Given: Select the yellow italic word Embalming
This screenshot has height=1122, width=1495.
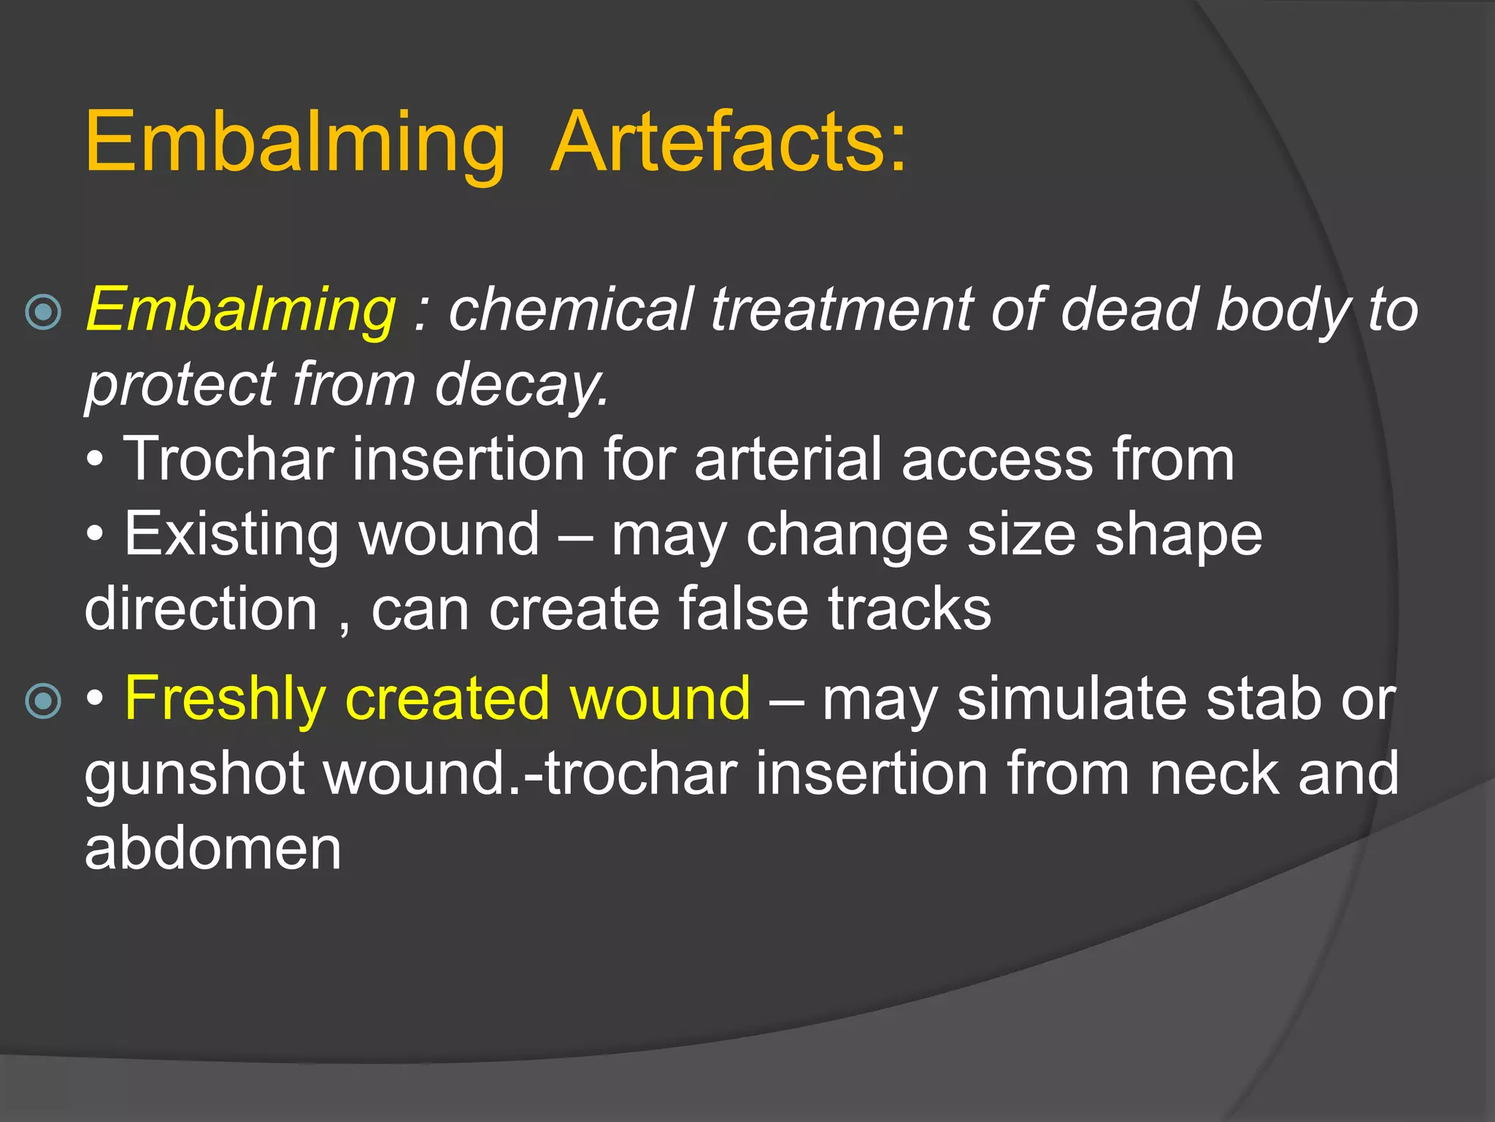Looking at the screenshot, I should point(241,310).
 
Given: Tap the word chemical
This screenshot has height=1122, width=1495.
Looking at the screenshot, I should point(570,310).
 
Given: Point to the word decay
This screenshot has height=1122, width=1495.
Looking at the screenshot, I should point(521,385).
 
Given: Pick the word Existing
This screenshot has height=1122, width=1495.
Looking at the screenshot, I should point(231,535).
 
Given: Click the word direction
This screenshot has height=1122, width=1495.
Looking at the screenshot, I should point(201,609).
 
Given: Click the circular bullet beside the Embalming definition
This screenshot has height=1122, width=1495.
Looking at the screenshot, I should point(44,313).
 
